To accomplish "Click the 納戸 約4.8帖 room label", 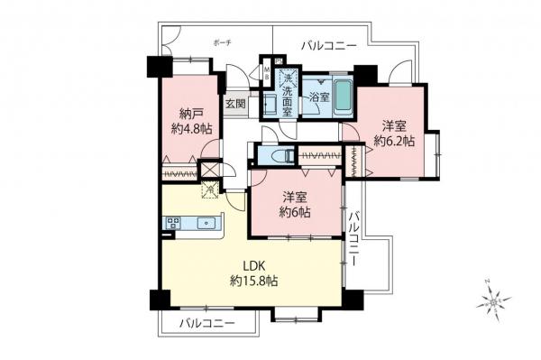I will pyautogui.click(x=193, y=121).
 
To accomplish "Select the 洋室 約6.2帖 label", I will pyautogui.click(x=394, y=134).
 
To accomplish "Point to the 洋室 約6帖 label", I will pyautogui.click(x=295, y=204).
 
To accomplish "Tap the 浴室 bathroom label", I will pyautogui.click(x=317, y=96).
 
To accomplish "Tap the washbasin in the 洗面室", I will pyautogui.click(x=270, y=102).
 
